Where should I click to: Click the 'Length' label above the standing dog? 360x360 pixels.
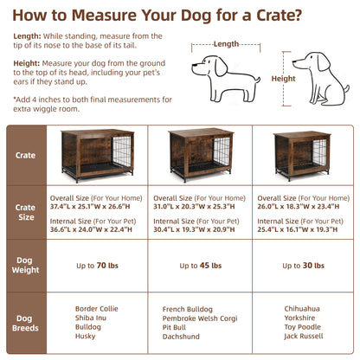click(226, 43)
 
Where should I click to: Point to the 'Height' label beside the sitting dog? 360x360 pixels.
click(283, 78)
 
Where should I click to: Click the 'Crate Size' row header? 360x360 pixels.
click(26, 213)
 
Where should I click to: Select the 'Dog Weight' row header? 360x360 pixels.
click(26, 266)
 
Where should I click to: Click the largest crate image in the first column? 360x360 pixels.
click(99, 157)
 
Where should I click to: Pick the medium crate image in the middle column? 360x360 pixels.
click(202, 158)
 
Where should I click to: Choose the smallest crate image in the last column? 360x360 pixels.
click(304, 158)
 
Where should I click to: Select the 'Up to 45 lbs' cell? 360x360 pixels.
click(201, 264)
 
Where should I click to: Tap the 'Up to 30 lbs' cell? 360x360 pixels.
click(304, 264)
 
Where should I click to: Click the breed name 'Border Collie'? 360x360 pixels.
click(98, 306)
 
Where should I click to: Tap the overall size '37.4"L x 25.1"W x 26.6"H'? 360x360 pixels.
click(98, 206)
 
